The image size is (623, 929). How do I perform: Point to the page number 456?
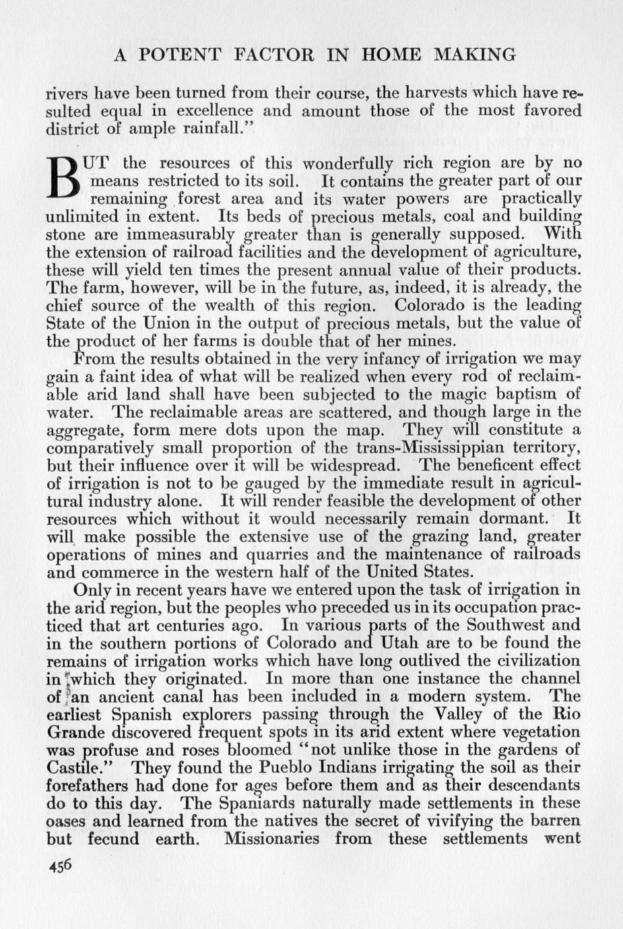tap(60, 866)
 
